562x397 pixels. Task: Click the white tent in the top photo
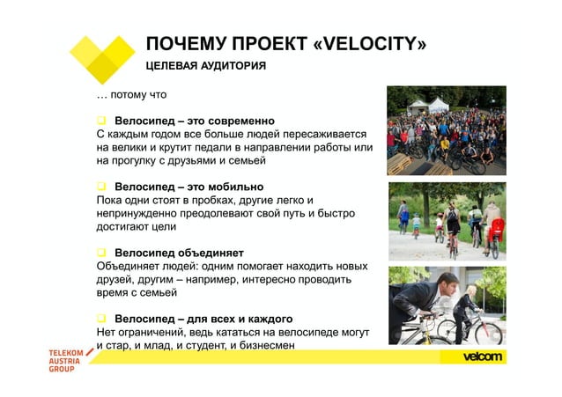tap(439, 105)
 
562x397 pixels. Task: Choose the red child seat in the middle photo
tap(495, 228)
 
